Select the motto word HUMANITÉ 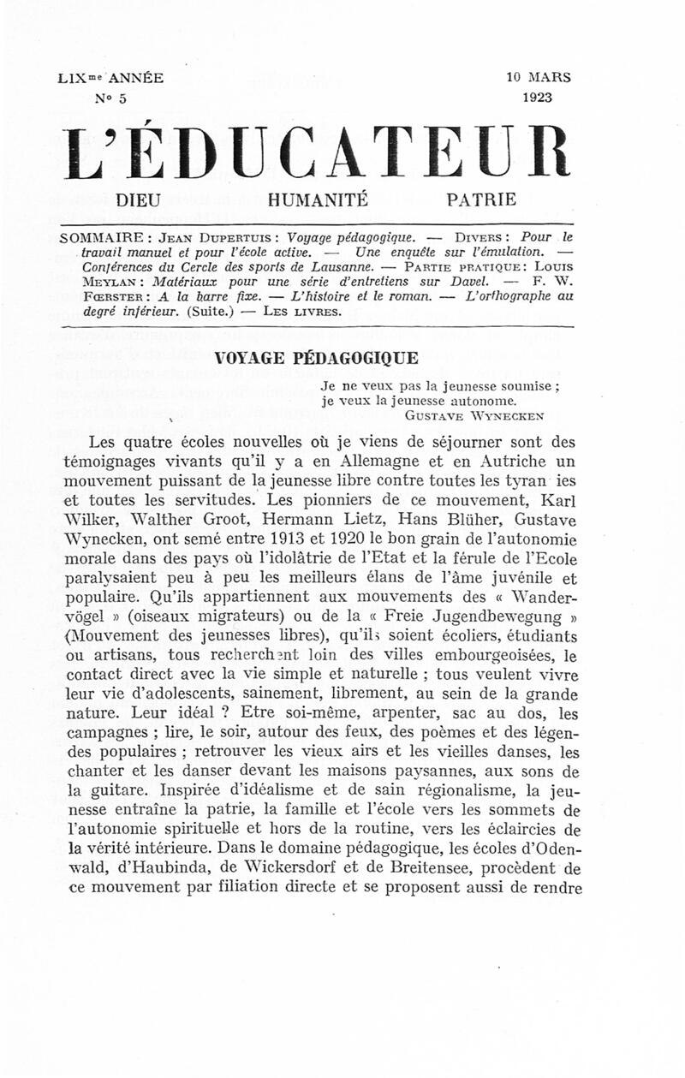(x=318, y=201)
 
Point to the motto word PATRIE (x=482, y=201)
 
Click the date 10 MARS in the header (x=539, y=78)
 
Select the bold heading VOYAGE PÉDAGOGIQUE (x=316, y=359)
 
